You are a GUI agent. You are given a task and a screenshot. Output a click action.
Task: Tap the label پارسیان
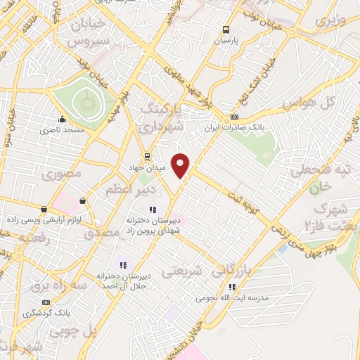click(226, 41)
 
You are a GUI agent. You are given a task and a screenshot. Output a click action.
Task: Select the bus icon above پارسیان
click(226, 30)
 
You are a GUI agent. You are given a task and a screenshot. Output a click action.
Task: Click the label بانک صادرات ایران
click(229, 129)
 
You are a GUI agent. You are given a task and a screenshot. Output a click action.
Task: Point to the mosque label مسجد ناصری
click(61, 130)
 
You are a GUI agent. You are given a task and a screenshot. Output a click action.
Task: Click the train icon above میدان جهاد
click(146, 155)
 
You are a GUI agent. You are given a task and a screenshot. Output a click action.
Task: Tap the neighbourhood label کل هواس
click(307, 104)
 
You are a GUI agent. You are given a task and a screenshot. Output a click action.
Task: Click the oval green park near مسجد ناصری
click(87, 103)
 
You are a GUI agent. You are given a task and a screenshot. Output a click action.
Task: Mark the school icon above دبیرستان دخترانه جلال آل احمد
click(122, 265)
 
